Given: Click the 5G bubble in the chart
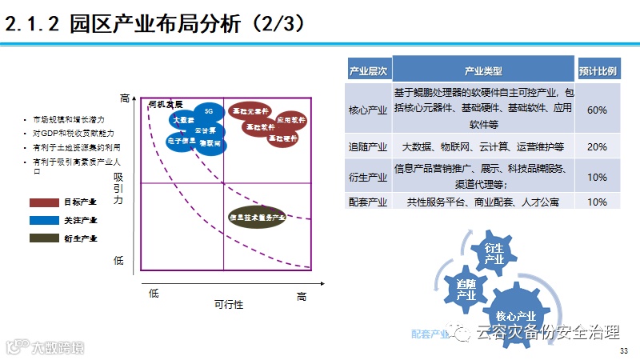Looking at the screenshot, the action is [209, 110].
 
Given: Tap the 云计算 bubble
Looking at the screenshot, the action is [205, 130].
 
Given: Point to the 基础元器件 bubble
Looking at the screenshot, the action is [250, 111].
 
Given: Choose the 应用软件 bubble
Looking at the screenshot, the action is [291, 120].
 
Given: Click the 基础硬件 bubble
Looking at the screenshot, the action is [282, 138].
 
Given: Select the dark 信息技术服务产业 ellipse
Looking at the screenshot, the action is [258, 217].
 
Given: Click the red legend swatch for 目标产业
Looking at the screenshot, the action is [44, 202].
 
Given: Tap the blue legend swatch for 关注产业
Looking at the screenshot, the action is [44, 220].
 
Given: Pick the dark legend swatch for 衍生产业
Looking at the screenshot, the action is [44, 238].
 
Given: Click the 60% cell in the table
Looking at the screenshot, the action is [597, 110].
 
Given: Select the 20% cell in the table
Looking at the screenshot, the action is [597, 147].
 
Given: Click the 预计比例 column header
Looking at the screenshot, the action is [597, 70].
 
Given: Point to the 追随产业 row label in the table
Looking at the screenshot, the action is [369, 147].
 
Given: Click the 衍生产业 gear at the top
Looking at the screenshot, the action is [494, 254].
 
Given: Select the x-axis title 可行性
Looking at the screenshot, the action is [228, 306].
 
